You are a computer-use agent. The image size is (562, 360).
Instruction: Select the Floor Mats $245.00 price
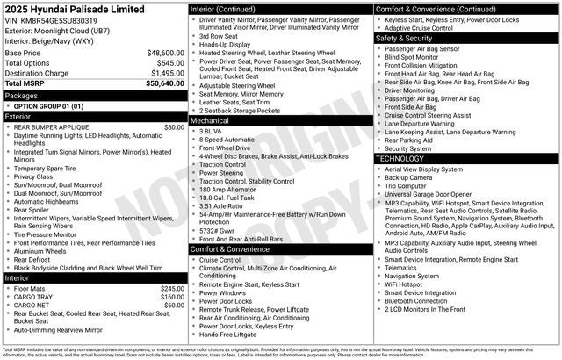click(172, 288)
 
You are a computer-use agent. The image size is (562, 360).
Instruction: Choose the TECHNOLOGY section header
click(400, 159)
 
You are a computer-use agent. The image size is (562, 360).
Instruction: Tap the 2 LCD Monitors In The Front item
click(426, 309)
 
